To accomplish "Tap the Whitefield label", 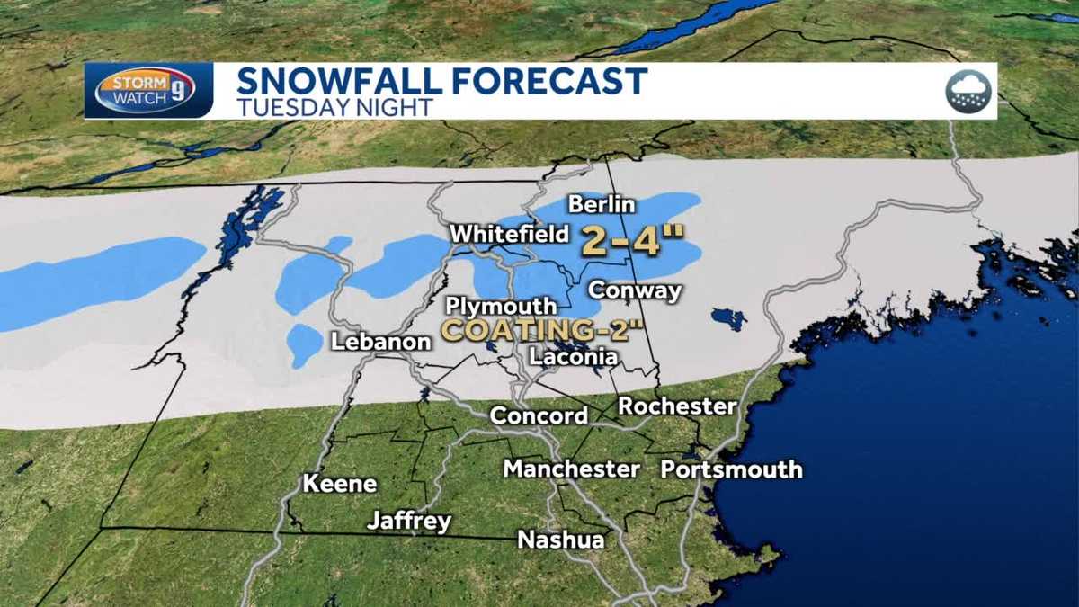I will click(509, 234).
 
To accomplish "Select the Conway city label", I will click(634, 290).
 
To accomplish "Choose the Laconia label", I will click(574, 356).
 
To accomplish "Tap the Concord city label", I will click(539, 415).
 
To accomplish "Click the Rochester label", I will click(677, 406).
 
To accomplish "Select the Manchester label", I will click(571, 469).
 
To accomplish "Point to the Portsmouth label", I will click(731, 469).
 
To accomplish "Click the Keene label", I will click(339, 483).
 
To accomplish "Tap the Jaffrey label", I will click(409, 521).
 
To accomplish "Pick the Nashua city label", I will click(560, 540).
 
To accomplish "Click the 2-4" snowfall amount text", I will click(632, 241).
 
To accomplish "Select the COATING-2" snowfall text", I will click(542, 329).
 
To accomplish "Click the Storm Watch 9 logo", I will click(145, 91).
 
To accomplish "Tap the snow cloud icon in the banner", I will click(968, 91).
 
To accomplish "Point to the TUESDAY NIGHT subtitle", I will click(334, 107).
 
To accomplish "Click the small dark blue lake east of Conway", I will click(727, 318).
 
